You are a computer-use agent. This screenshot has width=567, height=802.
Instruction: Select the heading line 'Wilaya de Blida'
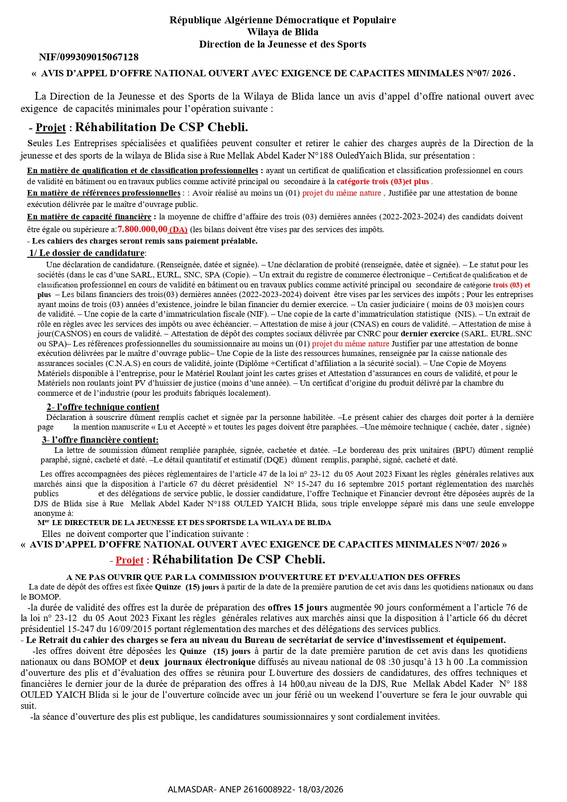click(x=283, y=32)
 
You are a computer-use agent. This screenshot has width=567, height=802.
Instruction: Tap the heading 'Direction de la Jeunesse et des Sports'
click(x=282, y=44)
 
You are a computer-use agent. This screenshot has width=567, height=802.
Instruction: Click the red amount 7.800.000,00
click(x=143, y=229)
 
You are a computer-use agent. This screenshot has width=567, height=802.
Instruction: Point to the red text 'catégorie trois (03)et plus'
click(x=383, y=181)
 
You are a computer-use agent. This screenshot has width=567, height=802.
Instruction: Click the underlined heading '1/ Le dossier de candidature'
click(x=87, y=253)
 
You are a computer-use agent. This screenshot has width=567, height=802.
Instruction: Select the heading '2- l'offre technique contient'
click(x=103, y=407)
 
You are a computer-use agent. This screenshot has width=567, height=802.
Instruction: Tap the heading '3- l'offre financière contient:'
click(x=101, y=440)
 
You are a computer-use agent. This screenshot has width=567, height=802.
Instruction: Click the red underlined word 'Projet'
click(x=129, y=560)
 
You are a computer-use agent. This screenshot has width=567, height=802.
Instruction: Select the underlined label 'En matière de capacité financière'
click(x=89, y=217)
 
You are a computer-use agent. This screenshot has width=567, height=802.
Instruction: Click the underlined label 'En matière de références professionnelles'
click(x=104, y=193)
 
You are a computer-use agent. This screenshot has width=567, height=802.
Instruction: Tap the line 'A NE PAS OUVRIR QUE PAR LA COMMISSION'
click(x=263, y=577)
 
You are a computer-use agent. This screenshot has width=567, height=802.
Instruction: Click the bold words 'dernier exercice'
click(x=429, y=334)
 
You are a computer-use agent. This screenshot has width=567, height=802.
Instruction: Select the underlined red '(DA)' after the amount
click(x=178, y=230)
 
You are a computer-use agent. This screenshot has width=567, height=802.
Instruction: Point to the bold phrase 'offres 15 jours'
click(x=297, y=608)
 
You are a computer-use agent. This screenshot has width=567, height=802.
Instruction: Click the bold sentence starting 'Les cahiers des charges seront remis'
click(x=144, y=241)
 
